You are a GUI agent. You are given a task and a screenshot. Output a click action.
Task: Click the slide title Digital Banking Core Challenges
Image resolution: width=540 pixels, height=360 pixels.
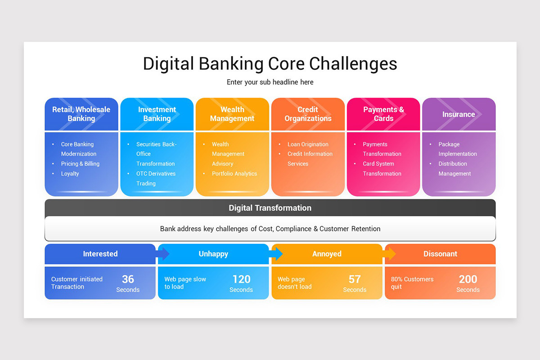tap(270, 63)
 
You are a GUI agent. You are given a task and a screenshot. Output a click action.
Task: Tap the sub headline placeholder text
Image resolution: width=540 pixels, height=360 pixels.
tap(270, 82)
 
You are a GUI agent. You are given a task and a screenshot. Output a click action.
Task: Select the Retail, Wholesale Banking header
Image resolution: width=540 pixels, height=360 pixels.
tap(81, 114)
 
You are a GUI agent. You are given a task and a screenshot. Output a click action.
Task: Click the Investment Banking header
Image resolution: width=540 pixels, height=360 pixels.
tap(157, 114)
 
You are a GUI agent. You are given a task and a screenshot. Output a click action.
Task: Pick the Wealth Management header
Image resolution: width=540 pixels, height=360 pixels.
tap(232, 114)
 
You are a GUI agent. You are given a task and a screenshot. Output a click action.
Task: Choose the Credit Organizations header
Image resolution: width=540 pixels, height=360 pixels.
tap(308, 114)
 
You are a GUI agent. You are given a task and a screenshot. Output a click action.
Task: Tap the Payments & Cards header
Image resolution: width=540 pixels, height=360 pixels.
tap(383, 114)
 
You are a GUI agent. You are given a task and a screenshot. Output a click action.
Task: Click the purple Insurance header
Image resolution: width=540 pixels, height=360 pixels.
tap(459, 114)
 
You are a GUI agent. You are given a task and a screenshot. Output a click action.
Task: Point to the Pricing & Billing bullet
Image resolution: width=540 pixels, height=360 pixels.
tap(80, 164)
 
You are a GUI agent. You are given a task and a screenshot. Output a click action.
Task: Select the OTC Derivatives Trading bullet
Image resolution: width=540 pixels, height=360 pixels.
tap(156, 179)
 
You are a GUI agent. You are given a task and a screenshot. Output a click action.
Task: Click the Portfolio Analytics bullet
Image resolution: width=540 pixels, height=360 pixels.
tap(234, 174)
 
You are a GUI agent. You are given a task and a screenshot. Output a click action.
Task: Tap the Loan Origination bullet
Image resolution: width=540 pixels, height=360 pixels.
tap(308, 144)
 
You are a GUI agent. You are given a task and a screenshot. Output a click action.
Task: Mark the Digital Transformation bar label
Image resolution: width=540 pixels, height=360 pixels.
tap(270, 208)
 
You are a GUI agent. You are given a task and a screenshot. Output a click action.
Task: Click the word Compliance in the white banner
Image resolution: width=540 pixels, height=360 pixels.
tap(293, 229)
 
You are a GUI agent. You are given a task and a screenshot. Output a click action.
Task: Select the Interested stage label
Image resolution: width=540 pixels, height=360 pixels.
tap(100, 254)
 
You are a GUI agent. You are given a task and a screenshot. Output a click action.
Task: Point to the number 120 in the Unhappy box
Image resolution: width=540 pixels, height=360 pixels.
tap(241, 279)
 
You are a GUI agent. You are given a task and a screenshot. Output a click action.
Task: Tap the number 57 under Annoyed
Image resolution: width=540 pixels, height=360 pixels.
tap(355, 279)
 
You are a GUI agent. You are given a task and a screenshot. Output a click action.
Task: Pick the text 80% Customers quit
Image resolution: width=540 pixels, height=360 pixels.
tap(412, 283)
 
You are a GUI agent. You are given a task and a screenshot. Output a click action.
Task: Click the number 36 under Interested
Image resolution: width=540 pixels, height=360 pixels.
tap(128, 279)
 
